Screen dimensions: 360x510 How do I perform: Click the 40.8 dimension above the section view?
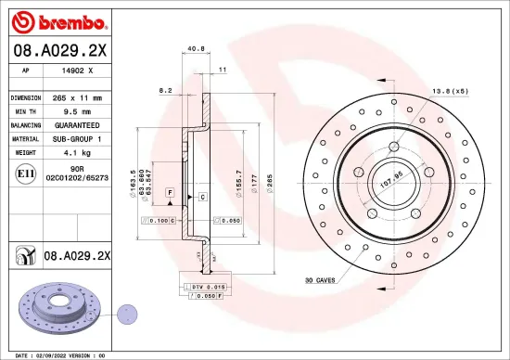point(196,49)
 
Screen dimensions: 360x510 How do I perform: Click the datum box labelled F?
point(171,190)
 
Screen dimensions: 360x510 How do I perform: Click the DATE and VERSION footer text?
point(57,354)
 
